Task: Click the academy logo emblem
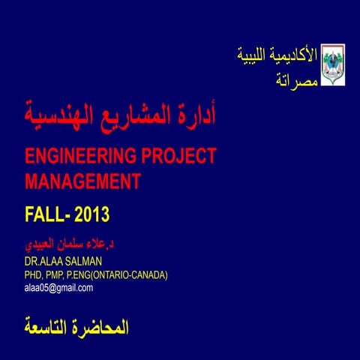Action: coord(332,64)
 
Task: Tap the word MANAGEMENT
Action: coord(82,181)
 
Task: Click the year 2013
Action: coord(92,215)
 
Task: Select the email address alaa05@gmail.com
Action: coord(59,287)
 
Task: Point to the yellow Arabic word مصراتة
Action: coord(295,79)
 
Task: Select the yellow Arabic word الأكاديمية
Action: coord(295,55)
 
